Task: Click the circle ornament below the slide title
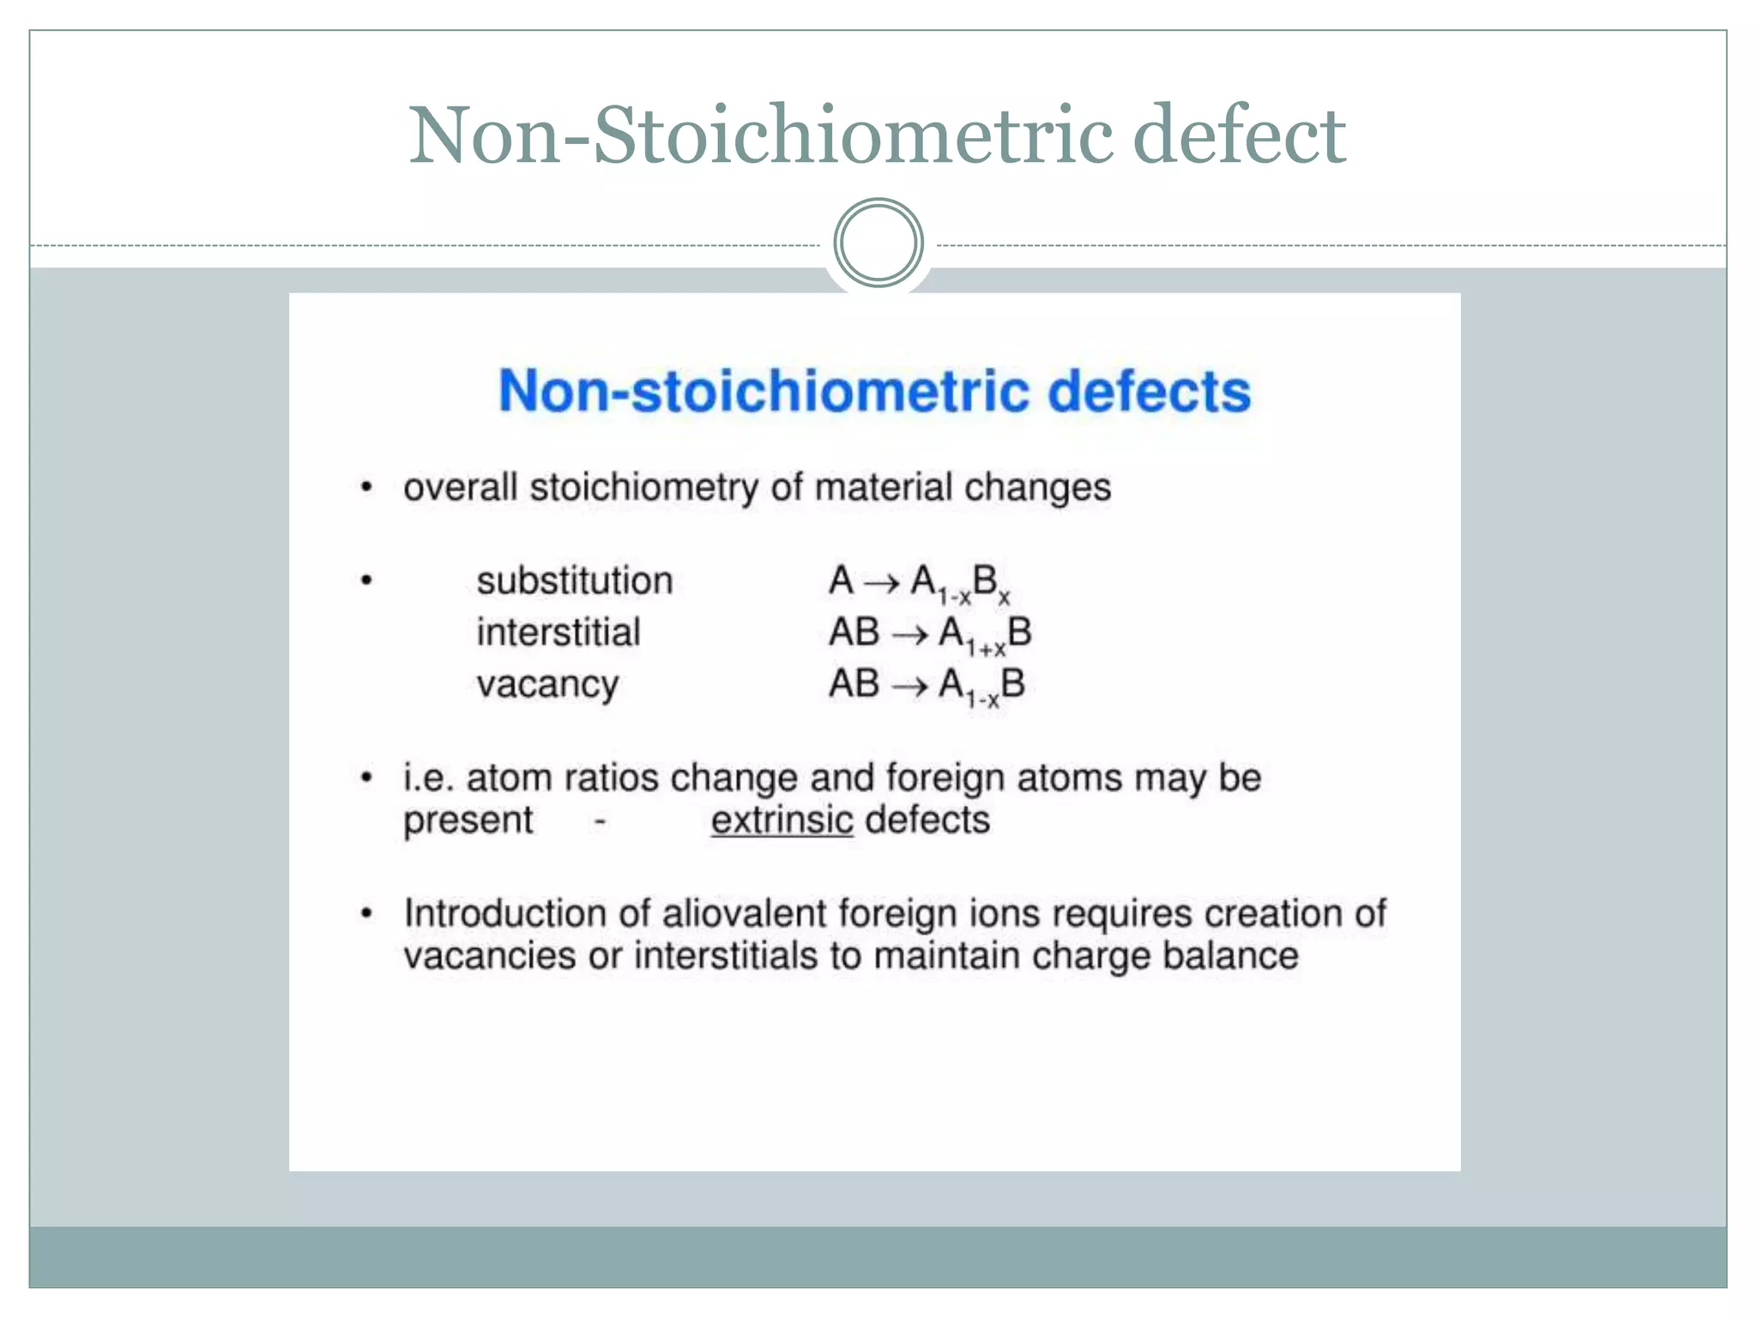point(878,243)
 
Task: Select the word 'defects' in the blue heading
point(1149,391)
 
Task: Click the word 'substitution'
point(574,581)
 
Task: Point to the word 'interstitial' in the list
point(558,633)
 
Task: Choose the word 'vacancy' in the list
point(547,684)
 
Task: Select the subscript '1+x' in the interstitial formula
point(986,648)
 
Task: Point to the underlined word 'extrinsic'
point(782,821)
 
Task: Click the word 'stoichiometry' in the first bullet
point(643,488)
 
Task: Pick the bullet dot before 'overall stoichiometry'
point(366,488)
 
